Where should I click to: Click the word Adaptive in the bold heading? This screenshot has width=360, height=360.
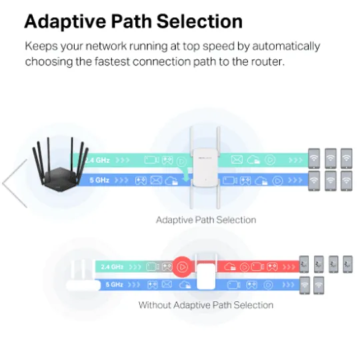65,22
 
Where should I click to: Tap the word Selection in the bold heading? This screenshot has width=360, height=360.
199,21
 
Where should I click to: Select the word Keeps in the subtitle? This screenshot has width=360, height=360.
41,47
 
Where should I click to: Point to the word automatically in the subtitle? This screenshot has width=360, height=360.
286,47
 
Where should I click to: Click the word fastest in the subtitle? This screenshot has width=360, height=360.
112,61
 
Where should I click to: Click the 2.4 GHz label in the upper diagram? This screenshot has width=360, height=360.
97,160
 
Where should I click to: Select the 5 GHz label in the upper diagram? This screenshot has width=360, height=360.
99,180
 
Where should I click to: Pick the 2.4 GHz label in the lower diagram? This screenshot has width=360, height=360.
112,267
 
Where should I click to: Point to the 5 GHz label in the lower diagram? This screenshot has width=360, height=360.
115,285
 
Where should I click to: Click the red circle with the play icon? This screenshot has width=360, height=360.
183,267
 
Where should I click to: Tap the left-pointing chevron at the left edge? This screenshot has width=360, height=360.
15,183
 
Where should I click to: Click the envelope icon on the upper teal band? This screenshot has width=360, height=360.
237,159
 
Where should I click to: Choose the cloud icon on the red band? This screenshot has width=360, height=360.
230,267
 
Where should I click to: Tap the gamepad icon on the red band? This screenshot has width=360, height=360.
272,267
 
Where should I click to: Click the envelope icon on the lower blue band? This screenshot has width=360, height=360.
167,285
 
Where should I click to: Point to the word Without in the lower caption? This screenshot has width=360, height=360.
155,305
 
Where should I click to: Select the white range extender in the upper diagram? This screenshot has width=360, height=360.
205,167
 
